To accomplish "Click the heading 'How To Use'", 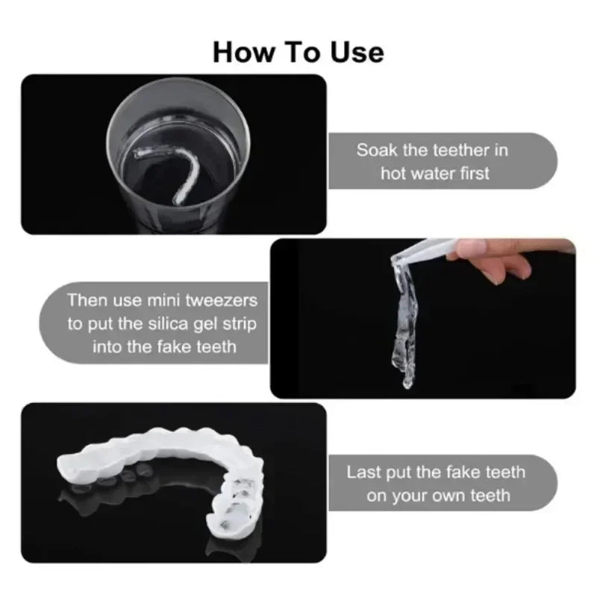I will click(x=298, y=51).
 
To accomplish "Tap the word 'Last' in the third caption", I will click(x=364, y=472).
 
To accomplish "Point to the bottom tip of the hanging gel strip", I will click(x=407, y=384).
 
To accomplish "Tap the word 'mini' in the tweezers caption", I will click(x=167, y=301).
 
